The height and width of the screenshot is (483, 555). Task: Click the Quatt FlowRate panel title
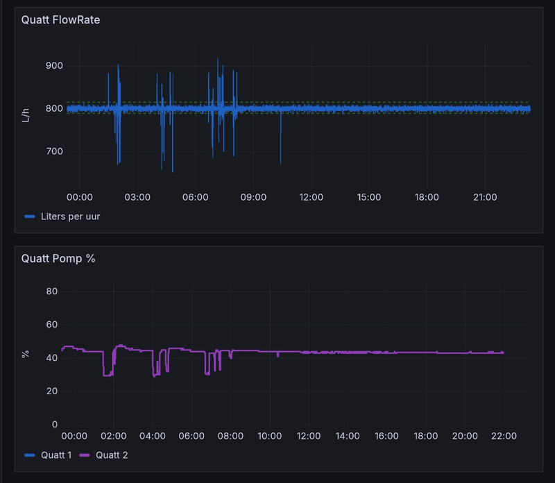[x=60, y=20]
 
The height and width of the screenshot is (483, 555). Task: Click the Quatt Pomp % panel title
[x=58, y=258]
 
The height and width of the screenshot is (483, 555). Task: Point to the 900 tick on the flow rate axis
[x=54, y=66]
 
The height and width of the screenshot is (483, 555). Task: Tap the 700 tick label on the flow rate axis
[x=54, y=151]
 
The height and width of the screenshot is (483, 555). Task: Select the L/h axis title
[x=26, y=114]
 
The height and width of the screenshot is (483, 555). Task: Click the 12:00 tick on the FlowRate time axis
[x=311, y=198]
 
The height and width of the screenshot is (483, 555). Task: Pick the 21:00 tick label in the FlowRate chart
[x=484, y=198]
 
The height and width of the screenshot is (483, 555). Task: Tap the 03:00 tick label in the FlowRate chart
[x=137, y=198]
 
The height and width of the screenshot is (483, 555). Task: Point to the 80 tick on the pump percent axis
[x=50, y=291]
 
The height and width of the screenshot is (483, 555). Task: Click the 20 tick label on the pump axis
[x=50, y=391]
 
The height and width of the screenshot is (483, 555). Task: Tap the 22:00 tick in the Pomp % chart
[x=504, y=437]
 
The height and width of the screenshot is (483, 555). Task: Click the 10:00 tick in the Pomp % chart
[x=269, y=437]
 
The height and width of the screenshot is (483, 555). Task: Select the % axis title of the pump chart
[x=26, y=354]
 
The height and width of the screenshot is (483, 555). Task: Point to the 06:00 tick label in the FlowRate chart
[x=195, y=198]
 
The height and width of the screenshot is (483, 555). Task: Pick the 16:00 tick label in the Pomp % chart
[x=386, y=437]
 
